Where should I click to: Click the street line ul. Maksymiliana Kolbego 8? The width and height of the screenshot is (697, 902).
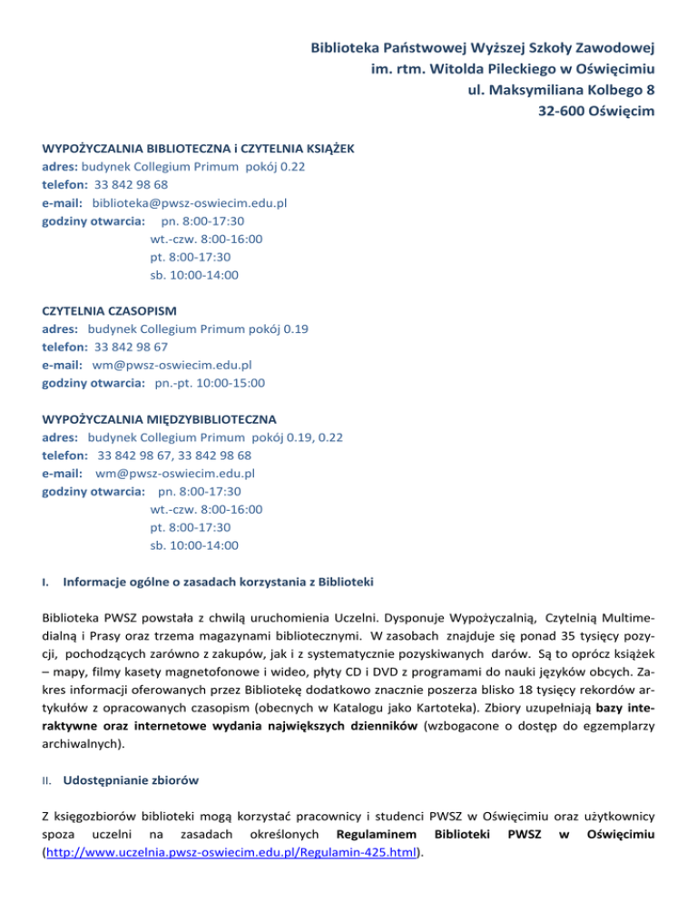(x=564, y=89)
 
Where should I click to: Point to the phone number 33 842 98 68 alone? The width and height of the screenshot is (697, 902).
(x=131, y=186)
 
